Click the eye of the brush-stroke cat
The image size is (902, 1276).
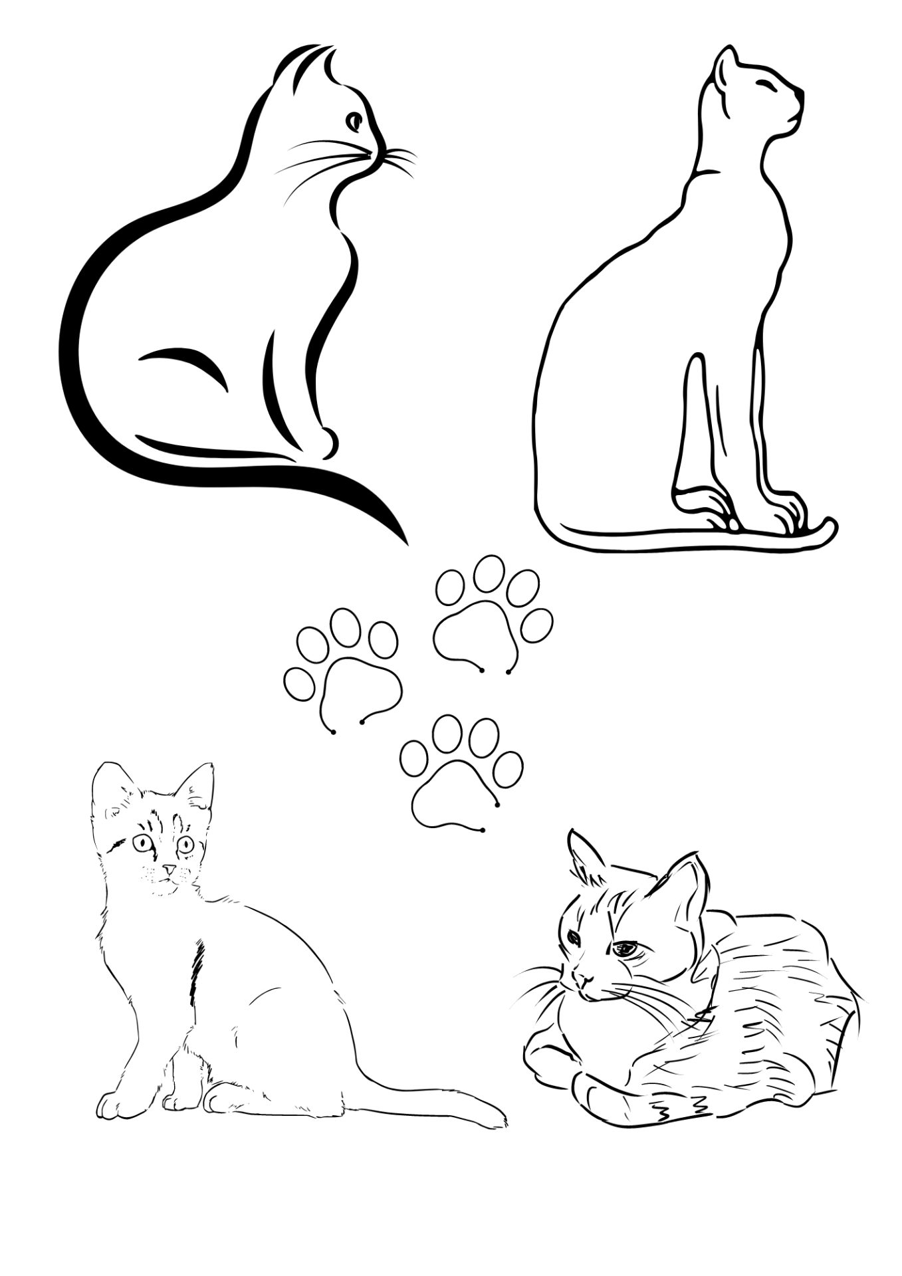pyautogui.click(x=355, y=121)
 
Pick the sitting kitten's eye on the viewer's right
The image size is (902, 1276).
pyautogui.click(x=186, y=845)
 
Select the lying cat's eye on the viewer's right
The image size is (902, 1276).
pyautogui.click(x=625, y=949)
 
